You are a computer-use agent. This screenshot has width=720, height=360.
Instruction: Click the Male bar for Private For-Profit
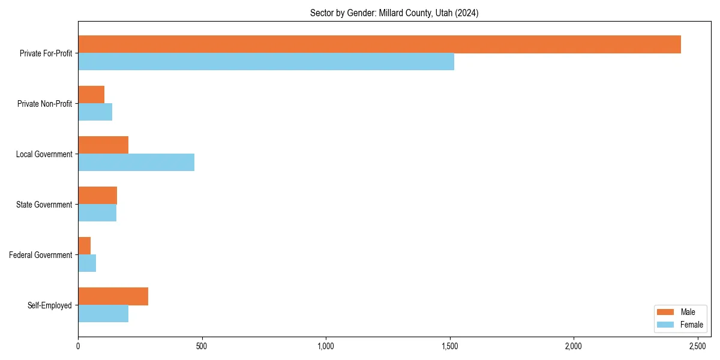pyautogui.click(x=379, y=44)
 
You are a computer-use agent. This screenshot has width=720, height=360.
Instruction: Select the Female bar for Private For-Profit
pyautogui.click(x=266, y=62)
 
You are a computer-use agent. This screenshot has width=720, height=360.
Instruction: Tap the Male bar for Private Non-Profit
pyautogui.click(x=91, y=95)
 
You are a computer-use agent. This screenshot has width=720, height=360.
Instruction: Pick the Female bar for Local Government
pyautogui.click(x=136, y=163)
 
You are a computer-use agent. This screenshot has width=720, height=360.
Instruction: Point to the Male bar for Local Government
pyautogui.click(x=103, y=145)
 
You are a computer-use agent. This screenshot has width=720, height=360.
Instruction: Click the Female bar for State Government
pyautogui.click(x=97, y=213)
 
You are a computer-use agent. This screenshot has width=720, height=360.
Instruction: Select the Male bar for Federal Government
pyautogui.click(x=85, y=246)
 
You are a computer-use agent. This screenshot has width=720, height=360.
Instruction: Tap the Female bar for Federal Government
pyautogui.click(x=87, y=263)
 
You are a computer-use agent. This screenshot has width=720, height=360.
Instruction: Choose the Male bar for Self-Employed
pyautogui.click(x=113, y=296)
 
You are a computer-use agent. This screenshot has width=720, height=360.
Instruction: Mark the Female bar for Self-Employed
pyautogui.click(x=103, y=314)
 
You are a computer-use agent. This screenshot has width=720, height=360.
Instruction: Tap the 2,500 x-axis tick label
pyautogui.click(x=698, y=346)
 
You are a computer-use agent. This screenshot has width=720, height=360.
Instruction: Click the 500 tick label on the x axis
pyautogui.click(x=202, y=346)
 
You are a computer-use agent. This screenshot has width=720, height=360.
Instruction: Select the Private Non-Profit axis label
pyautogui.click(x=44, y=104)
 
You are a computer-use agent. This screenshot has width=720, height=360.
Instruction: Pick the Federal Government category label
pyautogui.click(x=41, y=255)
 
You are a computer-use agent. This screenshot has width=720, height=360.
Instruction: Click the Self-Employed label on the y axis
pyautogui.click(x=50, y=305)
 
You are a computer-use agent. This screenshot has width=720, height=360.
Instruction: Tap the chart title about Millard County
pyautogui.click(x=394, y=13)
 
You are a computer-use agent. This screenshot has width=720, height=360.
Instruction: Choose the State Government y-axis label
pyautogui.click(x=44, y=205)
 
